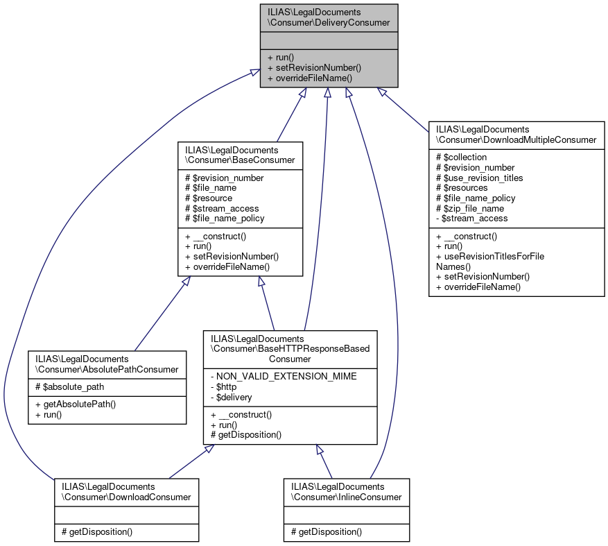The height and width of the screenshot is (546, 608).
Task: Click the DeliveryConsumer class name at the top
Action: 329,17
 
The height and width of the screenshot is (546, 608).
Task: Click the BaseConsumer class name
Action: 240,155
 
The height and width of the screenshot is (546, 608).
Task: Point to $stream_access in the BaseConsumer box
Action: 221,208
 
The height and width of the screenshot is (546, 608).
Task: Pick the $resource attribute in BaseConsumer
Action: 209,198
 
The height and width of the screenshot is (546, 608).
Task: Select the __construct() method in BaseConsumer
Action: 217,236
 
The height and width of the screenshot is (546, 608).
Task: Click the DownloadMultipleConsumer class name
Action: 516,135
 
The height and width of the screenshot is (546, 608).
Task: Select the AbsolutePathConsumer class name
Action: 107,364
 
